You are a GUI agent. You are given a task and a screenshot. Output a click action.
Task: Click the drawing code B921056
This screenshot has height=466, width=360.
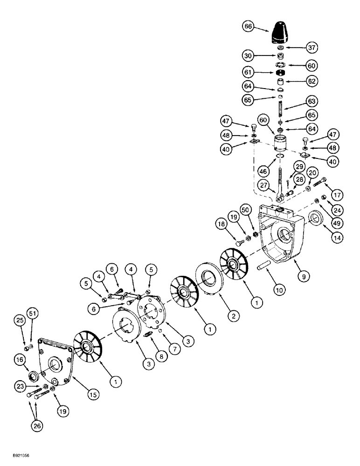point(16,460)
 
